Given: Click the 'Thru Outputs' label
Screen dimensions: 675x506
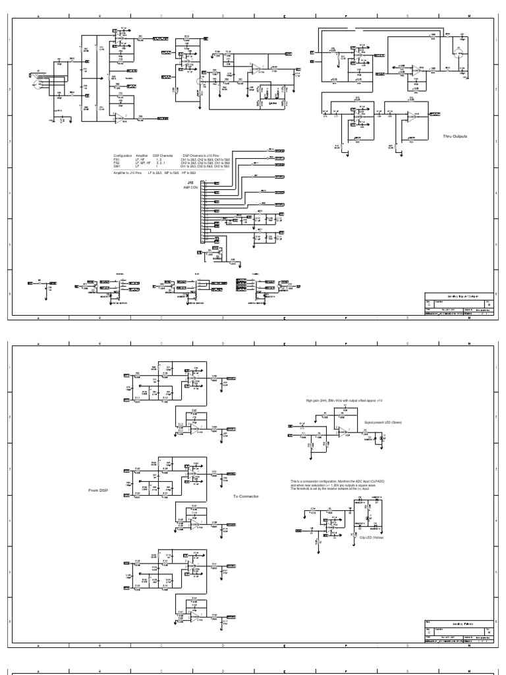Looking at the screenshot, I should [x=455, y=136].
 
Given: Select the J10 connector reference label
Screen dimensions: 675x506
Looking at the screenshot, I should [x=190, y=183].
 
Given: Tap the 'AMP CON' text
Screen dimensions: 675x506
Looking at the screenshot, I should [x=191, y=188].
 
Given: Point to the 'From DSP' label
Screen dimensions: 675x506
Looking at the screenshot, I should [x=98, y=491].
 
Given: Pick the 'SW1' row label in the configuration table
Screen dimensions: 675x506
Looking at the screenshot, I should [x=117, y=167].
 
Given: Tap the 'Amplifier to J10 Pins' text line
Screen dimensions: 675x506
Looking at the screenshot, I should [x=128, y=172].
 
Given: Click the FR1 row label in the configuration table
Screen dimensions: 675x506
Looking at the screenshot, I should [x=117, y=159].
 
